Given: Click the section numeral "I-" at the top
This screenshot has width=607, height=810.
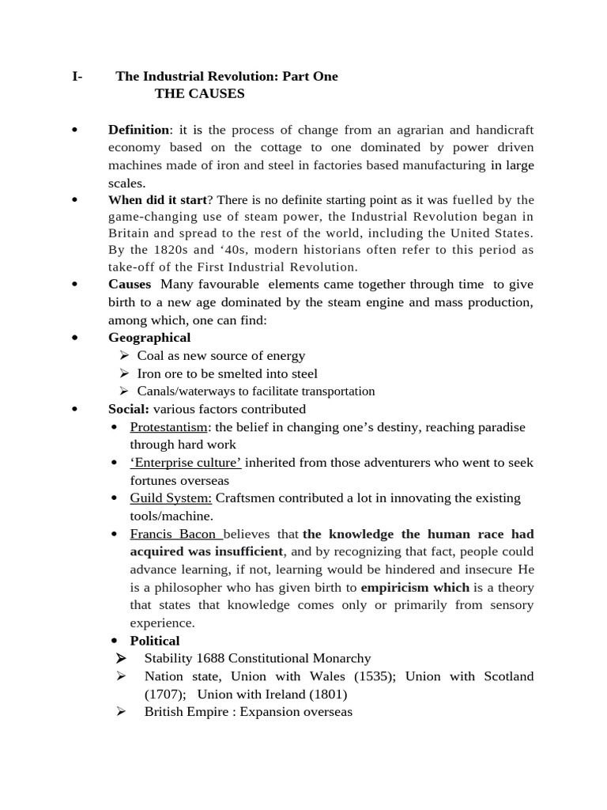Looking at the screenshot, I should (x=77, y=77).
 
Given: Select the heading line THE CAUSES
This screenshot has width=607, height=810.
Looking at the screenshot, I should (x=199, y=94).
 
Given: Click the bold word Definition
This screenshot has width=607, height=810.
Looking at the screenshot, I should (x=138, y=130).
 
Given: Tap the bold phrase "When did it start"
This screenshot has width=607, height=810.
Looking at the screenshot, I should (x=156, y=199).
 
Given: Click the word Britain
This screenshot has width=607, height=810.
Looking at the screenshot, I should (x=128, y=233).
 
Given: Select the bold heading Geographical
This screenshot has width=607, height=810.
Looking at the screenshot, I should (x=149, y=338).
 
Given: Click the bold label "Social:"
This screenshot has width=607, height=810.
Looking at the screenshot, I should (x=129, y=409).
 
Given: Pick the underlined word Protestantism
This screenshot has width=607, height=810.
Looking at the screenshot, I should (x=168, y=427).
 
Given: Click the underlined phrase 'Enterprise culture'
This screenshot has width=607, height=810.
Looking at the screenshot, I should (x=186, y=463).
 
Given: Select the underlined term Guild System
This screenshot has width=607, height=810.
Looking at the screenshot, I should (x=171, y=498).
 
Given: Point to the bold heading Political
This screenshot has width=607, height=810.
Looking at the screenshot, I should (x=155, y=641).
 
